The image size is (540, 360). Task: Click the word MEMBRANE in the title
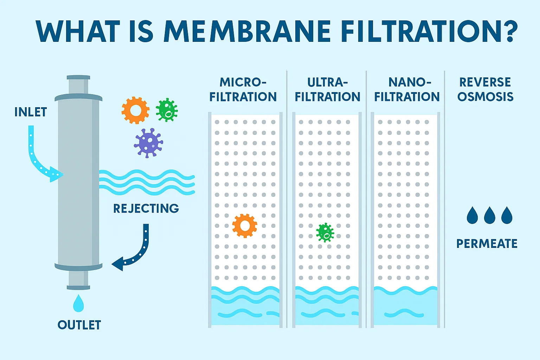click(247, 32)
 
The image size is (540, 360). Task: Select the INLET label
click(31, 112)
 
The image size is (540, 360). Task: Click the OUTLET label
click(79, 325)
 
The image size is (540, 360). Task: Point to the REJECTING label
click(146, 208)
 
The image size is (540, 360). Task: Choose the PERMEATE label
click(487, 244)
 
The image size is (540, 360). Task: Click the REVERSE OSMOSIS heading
click(485, 89)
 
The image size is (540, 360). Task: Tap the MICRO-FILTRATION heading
click(243, 89)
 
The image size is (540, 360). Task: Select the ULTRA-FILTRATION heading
click(327, 89)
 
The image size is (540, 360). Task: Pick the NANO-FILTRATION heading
click(407, 89)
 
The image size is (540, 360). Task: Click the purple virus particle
click(148, 142)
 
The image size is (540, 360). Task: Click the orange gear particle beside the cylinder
click(135, 110)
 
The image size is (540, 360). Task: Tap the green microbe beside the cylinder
click(167, 110)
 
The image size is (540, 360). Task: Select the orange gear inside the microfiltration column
click(245, 226)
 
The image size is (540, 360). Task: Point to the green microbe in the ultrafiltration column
click(325, 232)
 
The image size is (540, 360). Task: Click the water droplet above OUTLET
click(78, 303)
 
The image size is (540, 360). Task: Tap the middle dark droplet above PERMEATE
click(489, 216)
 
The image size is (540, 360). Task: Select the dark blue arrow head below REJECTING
click(118, 264)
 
